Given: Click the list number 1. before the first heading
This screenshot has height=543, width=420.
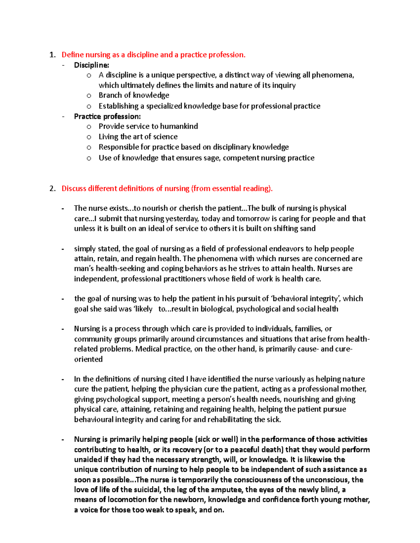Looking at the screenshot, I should (52, 55).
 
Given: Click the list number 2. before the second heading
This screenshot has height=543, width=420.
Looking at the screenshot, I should (52, 189).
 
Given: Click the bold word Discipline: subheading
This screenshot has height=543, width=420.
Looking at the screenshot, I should (91, 65).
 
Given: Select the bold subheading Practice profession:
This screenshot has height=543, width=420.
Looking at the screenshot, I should (107, 116).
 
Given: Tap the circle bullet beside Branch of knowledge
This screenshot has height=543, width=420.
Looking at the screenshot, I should (89, 96).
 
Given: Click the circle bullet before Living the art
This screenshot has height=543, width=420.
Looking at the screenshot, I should (89, 137).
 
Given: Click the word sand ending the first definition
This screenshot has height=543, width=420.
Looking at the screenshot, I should (308, 229).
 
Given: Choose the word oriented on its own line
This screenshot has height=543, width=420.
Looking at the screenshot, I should (88, 359).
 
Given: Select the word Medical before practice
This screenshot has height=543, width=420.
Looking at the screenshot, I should (148, 349).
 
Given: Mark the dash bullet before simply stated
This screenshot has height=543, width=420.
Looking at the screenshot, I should (63, 249).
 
